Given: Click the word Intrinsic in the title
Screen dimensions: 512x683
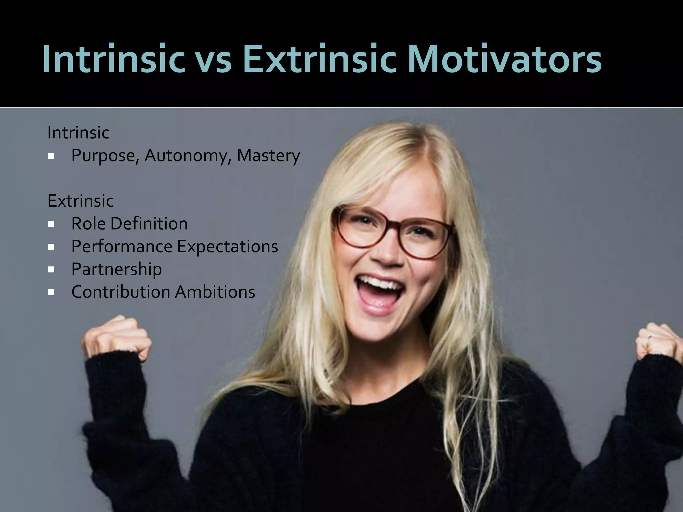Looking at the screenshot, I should click(x=113, y=59).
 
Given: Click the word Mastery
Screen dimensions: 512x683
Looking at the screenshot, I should click(x=268, y=156).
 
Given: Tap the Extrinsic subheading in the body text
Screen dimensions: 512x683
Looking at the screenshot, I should click(x=81, y=201).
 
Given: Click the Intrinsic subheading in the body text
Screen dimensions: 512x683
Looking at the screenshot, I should click(x=78, y=133).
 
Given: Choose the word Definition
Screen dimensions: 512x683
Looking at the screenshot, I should click(x=149, y=224).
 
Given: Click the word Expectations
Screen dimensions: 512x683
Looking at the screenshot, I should click(x=227, y=247).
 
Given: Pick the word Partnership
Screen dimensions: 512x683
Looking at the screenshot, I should click(x=117, y=269).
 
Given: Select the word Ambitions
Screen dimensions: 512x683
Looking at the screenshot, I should click(x=215, y=292).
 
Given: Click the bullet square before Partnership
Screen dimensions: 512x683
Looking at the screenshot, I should click(x=51, y=269).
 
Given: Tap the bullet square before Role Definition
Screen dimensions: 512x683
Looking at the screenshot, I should click(x=51, y=224).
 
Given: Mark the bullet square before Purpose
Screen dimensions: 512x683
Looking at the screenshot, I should click(x=51, y=156).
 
